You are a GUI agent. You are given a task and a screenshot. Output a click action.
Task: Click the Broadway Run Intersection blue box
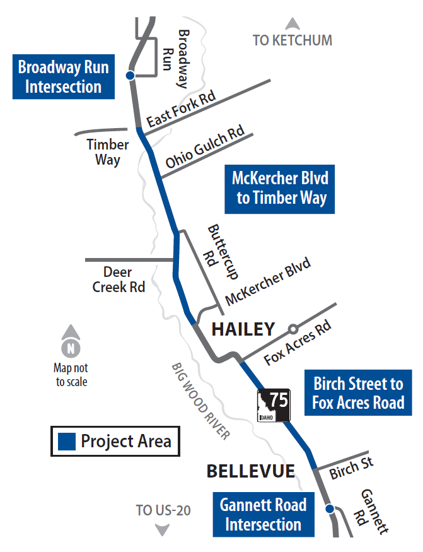[63, 76]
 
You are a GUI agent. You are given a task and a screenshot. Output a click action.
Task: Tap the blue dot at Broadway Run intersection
[130, 76]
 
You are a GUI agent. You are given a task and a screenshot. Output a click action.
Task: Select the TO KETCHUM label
[292, 40]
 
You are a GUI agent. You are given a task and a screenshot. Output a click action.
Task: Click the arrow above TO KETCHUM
[292, 25]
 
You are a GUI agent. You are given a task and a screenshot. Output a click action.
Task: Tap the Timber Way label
[108, 152]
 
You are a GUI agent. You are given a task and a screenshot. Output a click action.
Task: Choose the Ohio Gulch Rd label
[205, 148]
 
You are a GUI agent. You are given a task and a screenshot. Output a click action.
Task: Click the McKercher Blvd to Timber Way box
[281, 188]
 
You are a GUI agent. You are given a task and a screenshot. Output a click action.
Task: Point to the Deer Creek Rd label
[119, 279]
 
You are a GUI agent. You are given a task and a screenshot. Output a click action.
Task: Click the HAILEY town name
[243, 329]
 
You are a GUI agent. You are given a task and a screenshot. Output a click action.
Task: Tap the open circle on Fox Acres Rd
[293, 329]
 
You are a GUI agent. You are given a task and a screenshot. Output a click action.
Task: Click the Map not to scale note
[71, 375]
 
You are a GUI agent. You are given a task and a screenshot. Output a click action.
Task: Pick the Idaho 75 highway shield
[274, 406]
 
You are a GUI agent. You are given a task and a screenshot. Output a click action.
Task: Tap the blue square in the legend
[66, 442]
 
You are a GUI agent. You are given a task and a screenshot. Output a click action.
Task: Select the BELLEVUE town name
[251, 471]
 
